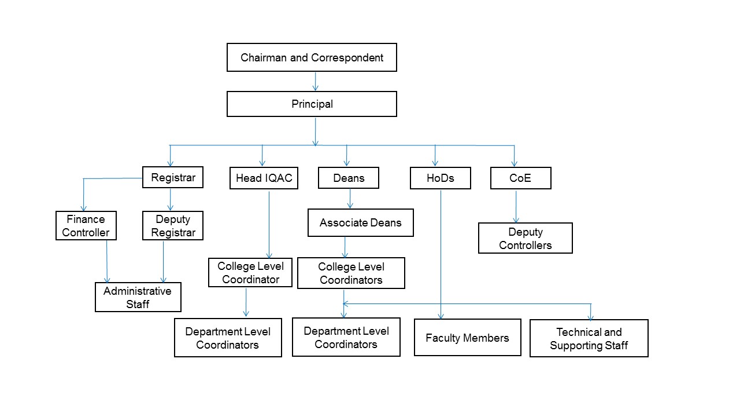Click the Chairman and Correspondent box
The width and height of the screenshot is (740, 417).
[312, 57]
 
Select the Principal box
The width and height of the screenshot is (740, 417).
[312, 104]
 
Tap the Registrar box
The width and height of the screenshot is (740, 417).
[173, 177]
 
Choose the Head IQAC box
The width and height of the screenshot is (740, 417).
[264, 178]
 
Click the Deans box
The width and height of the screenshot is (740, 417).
[349, 178]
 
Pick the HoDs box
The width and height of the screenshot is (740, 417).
[440, 178]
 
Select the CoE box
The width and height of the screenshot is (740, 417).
[520, 178]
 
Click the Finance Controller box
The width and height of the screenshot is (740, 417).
[86, 226]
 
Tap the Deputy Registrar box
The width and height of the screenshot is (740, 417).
[172, 226]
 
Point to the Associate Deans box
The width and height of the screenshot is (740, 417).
[360, 223]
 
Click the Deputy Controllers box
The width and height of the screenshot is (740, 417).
[525, 238]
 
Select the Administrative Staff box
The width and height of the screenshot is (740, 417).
[138, 297]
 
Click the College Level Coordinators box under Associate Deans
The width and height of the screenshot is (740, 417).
[351, 273]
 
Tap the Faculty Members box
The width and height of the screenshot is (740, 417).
[467, 338]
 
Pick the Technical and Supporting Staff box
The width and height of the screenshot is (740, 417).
[589, 338]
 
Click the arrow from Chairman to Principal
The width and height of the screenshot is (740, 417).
[315, 81]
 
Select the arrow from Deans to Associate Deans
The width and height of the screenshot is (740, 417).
[350, 199]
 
